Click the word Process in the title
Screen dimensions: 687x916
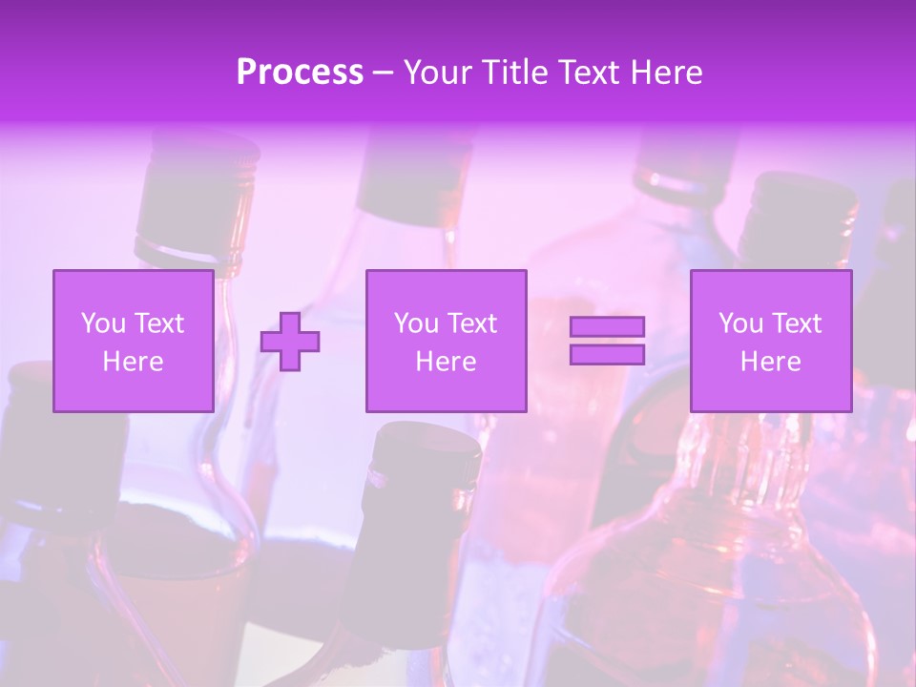click(300, 73)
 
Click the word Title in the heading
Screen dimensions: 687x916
click(512, 73)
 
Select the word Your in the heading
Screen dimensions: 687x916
click(438, 73)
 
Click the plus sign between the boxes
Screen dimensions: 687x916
click(290, 342)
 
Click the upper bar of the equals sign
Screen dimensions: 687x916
click(607, 326)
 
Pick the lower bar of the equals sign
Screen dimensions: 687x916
click(607, 354)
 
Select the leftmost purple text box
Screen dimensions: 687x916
click(133, 341)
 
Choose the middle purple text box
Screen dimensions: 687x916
click(446, 341)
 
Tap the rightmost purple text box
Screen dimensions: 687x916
click(770, 341)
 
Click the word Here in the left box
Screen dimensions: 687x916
click(133, 362)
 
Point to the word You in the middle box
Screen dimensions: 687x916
click(416, 323)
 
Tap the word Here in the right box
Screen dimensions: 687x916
click(770, 362)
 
